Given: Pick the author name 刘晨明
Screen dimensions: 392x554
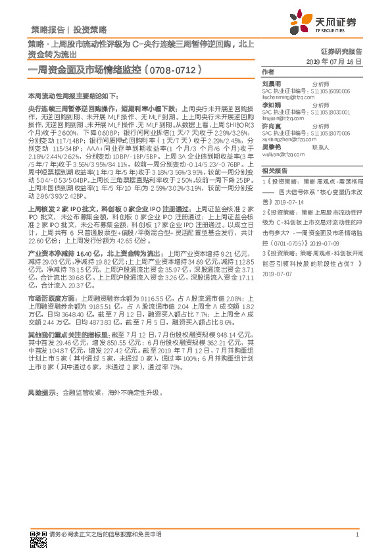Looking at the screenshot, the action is (271, 84).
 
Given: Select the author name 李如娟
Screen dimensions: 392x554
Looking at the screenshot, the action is (271, 104).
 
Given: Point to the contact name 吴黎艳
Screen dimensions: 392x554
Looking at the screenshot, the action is (271, 147).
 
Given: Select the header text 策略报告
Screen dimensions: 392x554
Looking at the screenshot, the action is (48, 29).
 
